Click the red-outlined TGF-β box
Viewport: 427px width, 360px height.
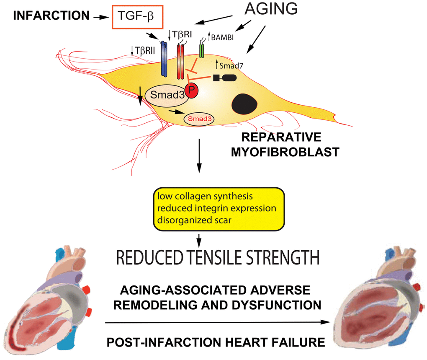tap(139, 18)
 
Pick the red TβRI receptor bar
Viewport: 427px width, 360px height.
tap(180, 61)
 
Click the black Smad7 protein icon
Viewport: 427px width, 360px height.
tap(225, 78)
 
